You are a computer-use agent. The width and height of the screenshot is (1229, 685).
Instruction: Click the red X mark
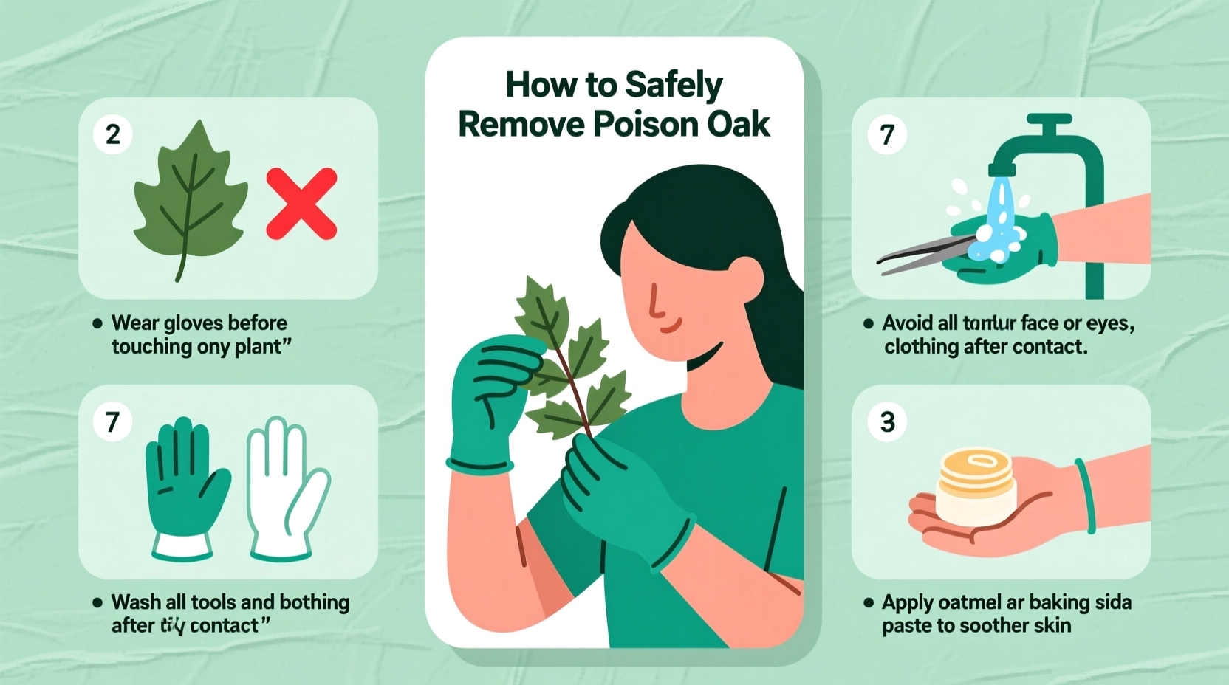[301, 203]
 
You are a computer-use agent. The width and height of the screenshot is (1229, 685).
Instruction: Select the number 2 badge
[113, 134]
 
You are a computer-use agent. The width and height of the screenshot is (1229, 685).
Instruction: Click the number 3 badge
[887, 421]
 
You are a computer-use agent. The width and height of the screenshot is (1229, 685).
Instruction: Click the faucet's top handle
[1049, 120]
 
